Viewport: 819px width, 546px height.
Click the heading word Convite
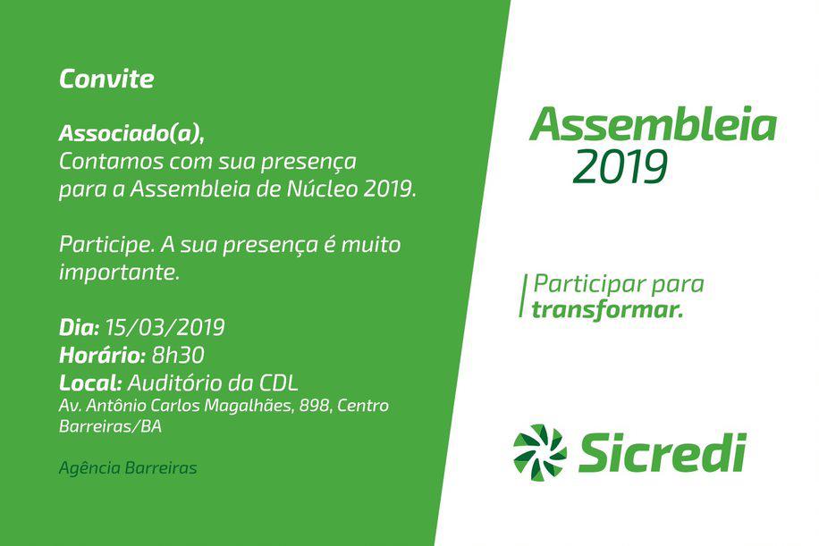pyautogui.click(x=106, y=79)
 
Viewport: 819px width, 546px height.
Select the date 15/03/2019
pyautogui.click(x=165, y=327)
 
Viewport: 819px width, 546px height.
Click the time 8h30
pyautogui.click(x=178, y=355)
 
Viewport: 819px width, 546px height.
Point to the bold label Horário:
pyautogui.click(x=102, y=355)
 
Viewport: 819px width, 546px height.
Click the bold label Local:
pyautogui.click(x=90, y=382)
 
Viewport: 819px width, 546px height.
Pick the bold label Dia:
pyautogui.click(x=79, y=327)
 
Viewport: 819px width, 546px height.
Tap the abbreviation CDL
pyautogui.click(x=278, y=382)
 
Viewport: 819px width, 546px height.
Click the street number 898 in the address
pyautogui.click(x=314, y=406)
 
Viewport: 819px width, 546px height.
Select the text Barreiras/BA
pyautogui.click(x=110, y=426)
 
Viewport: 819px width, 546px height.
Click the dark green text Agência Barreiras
pyautogui.click(x=128, y=467)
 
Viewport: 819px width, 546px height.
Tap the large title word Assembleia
pyautogui.click(x=654, y=124)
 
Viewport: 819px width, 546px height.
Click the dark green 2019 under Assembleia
pyautogui.click(x=620, y=167)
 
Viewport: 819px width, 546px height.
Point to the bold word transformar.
pyautogui.click(x=607, y=310)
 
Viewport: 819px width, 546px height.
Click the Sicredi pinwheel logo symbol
pyautogui.click(x=539, y=452)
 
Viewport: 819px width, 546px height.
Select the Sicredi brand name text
pyautogui.click(x=663, y=452)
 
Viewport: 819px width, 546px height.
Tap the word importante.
pyautogui.click(x=119, y=273)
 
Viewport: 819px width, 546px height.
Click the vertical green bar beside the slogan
pyautogui.click(x=521, y=296)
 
